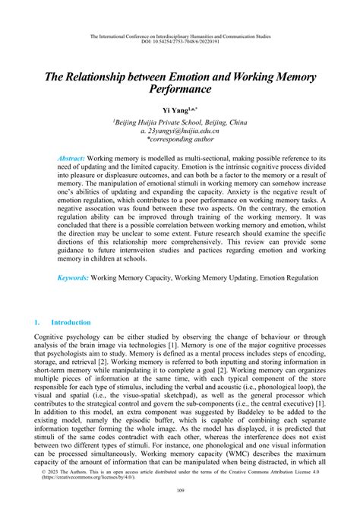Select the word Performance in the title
[x=179, y=88]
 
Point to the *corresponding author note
[x=181, y=139]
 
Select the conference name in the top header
[x=180, y=36]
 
